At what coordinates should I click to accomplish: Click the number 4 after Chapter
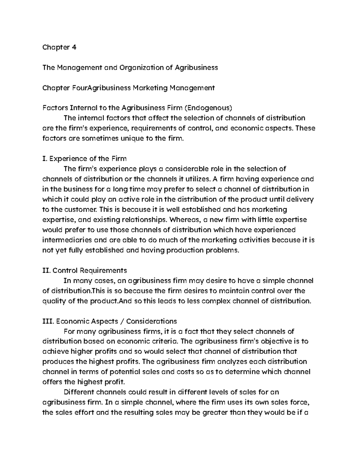pos(74,47)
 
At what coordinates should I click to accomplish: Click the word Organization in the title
pos(141,68)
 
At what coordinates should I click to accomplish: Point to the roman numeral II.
pos(46,270)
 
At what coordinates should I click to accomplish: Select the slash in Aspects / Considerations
pos(122,321)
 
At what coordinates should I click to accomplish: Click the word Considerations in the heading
pos(151,321)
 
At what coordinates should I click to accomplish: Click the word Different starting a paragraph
pos(79,392)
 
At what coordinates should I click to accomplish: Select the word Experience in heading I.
pos(68,158)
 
